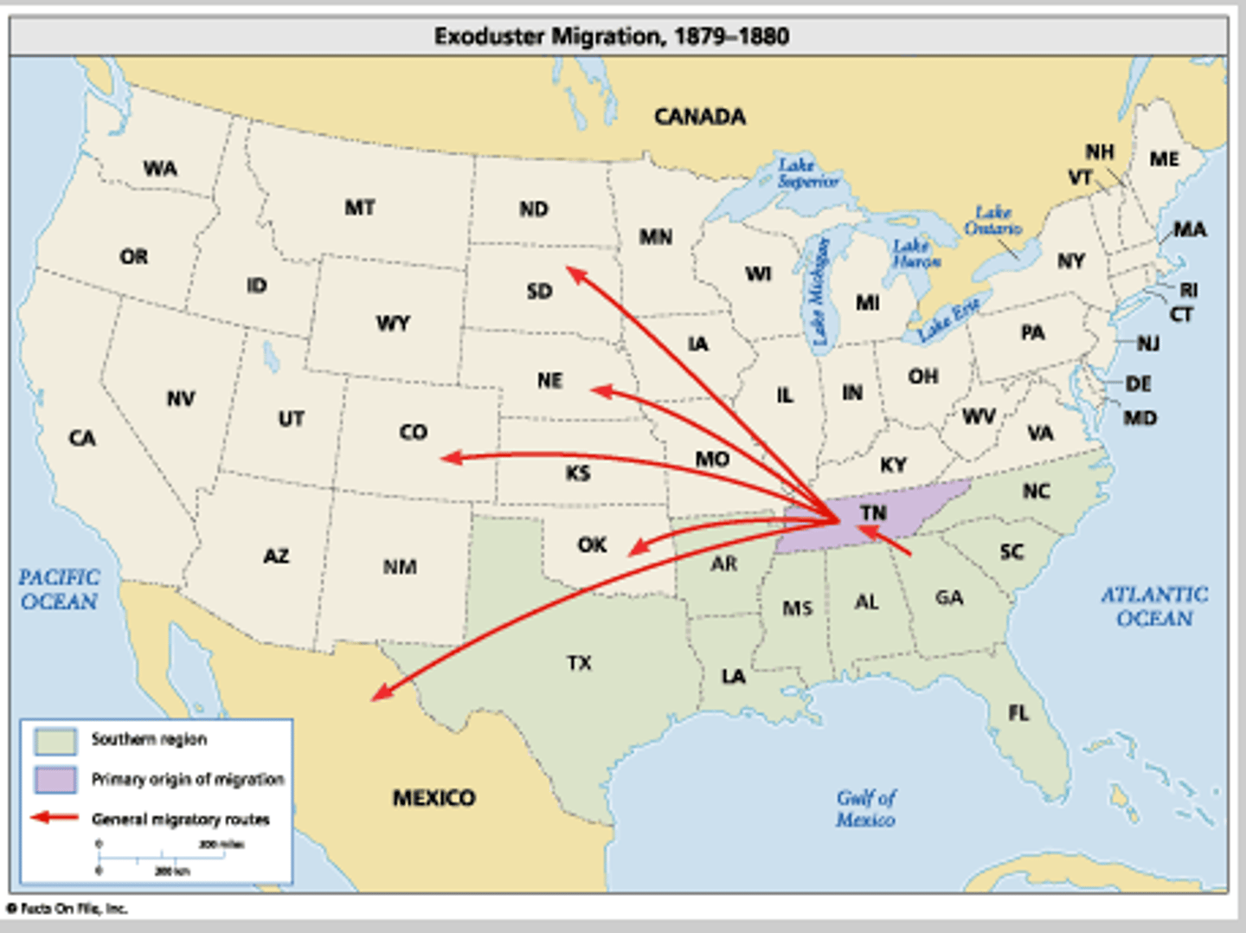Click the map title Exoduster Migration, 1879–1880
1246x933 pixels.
point(611,36)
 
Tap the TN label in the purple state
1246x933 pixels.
point(873,513)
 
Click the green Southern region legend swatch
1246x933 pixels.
point(55,740)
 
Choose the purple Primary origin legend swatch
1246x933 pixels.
point(55,779)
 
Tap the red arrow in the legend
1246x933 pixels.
point(55,818)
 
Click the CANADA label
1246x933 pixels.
point(699,117)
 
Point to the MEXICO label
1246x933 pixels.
point(434,797)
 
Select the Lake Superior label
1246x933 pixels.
point(806,173)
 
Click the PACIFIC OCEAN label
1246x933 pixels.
point(59,589)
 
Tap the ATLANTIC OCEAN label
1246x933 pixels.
point(1154,606)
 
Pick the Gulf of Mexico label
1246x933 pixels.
point(865,808)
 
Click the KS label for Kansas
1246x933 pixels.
point(577,473)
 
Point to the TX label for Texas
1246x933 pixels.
point(579,663)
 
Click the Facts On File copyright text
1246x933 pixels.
point(67,909)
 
